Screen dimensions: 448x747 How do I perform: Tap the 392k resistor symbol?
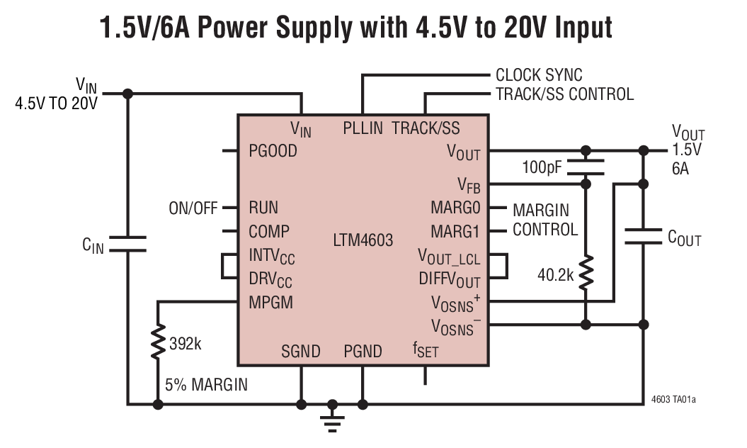(158, 343)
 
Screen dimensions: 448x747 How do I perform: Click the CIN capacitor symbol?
(127, 243)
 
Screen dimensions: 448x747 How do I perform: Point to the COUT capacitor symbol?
(643, 236)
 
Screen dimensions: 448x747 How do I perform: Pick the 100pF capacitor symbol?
(586, 167)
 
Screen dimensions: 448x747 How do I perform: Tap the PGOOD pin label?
(273, 151)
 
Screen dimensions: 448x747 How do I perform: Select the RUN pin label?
(263, 208)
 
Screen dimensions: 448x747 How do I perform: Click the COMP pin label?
(269, 231)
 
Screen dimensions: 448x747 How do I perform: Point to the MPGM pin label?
(270, 302)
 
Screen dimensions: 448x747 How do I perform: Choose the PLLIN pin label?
(363, 128)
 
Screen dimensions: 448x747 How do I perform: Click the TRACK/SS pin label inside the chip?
(426, 128)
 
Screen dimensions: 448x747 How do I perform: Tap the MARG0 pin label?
(455, 208)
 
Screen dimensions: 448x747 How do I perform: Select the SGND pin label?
(300, 351)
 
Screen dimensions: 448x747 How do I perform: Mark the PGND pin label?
(363, 351)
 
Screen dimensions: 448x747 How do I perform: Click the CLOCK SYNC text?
(539, 75)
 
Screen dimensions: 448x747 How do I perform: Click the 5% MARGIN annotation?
(206, 385)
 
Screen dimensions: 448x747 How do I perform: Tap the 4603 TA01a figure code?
(673, 400)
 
